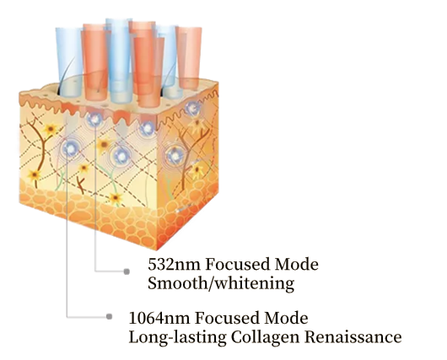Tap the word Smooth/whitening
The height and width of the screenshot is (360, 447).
pyautogui.click(x=221, y=283)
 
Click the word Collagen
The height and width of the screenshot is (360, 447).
pyautogui.click(x=265, y=337)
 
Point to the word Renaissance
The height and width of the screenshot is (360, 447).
pyautogui.click(x=353, y=337)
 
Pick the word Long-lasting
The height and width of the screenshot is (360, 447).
pyautogui.click(x=178, y=337)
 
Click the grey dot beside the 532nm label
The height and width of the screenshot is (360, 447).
pyautogui.click(x=127, y=271)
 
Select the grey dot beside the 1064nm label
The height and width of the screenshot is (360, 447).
pyautogui.click(x=109, y=317)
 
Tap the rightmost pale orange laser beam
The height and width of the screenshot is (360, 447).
pyautogui.click(x=189, y=57)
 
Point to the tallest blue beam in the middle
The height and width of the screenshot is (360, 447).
pyautogui.click(x=119, y=60)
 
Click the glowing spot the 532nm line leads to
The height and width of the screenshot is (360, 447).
pyautogui.click(x=95, y=119)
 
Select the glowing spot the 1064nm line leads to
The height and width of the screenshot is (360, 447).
pyautogui.click(x=68, y=148)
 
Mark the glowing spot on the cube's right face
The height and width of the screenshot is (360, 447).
pyautogui.click(x=175, y=156)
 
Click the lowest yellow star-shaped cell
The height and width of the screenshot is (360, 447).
pyautogui.click(x=116, y=198)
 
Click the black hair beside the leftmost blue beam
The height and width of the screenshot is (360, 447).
pyautogui.click(x=66, y=75)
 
